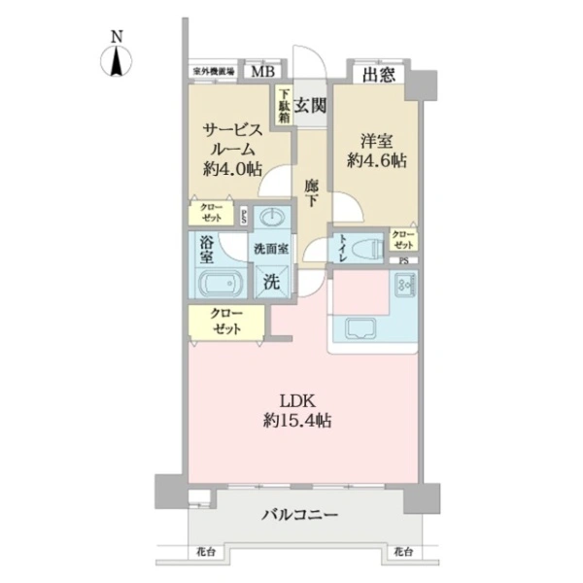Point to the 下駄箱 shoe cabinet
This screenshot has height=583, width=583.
(282, 106)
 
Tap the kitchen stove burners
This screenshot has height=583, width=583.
(403, 286)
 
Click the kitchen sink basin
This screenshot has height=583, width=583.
(357, 327)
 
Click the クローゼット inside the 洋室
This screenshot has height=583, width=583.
(403, 238)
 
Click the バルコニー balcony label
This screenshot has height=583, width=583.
(298, 515)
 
